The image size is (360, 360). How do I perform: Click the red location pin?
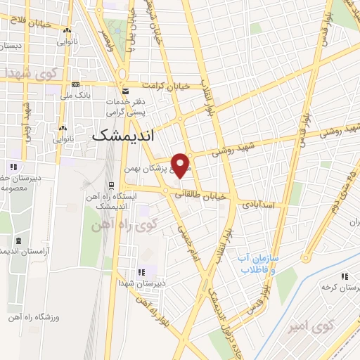(181, 165)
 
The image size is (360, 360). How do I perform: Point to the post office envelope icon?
(125, 91)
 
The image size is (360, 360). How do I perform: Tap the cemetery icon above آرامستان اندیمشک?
(17, 240)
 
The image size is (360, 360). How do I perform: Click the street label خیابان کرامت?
(164, 86)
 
